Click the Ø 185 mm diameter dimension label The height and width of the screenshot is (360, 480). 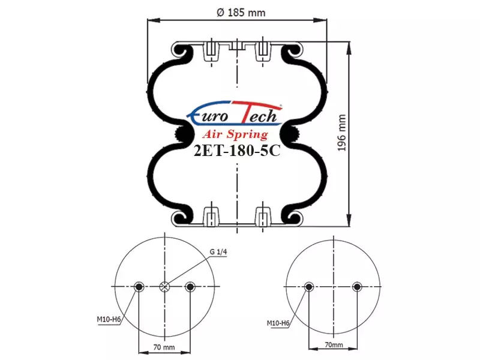[241, 13]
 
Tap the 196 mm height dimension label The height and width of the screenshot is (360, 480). [341, 133]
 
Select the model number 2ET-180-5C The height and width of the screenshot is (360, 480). [237, 151]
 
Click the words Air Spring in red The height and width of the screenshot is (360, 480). [235, 134]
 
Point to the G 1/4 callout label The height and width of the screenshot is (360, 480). [218, 252]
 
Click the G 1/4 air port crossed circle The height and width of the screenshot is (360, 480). [164, 287]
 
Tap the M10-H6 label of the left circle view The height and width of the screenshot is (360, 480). [109, 320]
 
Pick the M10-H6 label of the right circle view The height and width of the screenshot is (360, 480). [278, 323]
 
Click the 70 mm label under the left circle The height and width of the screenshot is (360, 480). [164, 347]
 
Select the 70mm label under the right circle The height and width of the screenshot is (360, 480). [334, 344]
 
